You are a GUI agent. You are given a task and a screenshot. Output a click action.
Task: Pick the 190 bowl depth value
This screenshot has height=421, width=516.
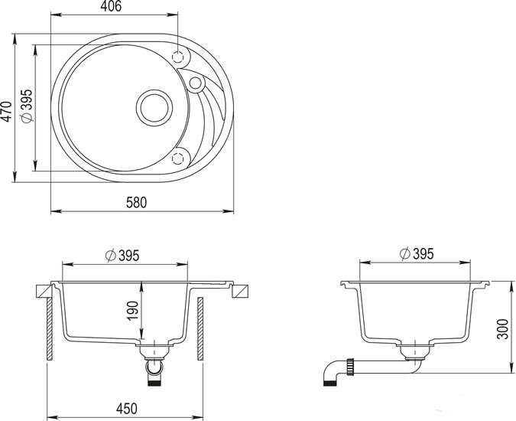click(x=131, y=312)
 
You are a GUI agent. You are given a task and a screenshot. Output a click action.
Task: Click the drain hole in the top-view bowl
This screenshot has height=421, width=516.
click(x=155, y=107)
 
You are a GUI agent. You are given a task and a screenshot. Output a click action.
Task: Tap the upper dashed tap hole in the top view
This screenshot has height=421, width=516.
click(x=180, y=57)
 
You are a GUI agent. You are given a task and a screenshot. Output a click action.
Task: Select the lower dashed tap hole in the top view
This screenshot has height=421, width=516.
click(x=180, y=157)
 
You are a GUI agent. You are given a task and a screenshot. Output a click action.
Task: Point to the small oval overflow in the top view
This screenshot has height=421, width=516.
click(x=195, y=83)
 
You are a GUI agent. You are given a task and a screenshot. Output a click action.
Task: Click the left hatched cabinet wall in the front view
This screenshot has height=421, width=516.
click(x=50, y=329)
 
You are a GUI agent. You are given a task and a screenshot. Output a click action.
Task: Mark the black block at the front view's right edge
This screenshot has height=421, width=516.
click(x=242, y=291)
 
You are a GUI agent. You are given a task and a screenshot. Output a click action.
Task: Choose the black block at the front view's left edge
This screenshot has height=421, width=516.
click(x=43, y=292)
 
